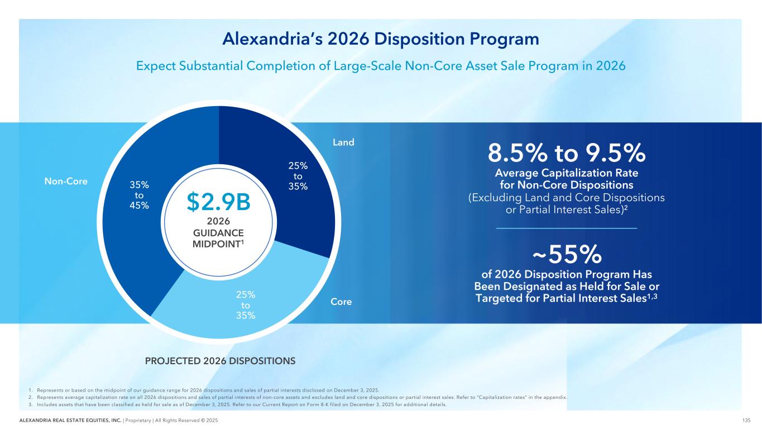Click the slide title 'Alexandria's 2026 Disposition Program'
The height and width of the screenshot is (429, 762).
click(x=380, y=39)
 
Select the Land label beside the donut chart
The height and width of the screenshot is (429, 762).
click(x=343, y=142)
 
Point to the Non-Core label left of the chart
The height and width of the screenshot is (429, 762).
click(x=66, y=181)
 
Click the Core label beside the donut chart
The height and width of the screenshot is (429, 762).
click(x=341, y=302)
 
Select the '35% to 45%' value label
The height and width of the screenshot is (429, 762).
click(x=140, y=194)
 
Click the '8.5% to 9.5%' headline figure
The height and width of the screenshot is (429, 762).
click(x=567, y=151)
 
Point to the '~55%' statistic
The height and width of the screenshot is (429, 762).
click(x=567, y=255)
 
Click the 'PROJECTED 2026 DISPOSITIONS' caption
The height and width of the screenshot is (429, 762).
click(x=220, y=361)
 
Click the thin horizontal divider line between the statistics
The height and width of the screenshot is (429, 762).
click(x=567, y=228)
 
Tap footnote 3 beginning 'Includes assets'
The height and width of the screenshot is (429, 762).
click(x=234, y=405)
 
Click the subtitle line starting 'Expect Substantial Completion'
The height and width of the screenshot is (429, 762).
click(x=380, y=65)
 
